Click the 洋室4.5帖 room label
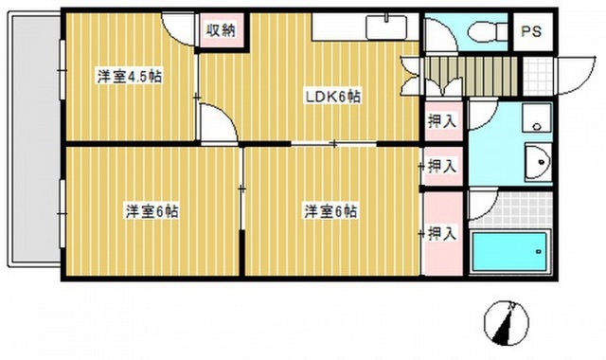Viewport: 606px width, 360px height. tap(130, 77)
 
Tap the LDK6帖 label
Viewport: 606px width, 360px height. tap(333, 97)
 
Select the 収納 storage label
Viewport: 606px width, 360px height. tap(221, 30)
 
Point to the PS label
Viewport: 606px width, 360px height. tap(531, 31)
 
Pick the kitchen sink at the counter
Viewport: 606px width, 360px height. tap(386, 27)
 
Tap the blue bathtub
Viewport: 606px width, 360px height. tap(510, 251)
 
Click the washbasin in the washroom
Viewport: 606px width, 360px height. tap(537, 161)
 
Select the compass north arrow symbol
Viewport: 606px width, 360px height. tap(507, 322)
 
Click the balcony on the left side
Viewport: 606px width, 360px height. tap(35, 139)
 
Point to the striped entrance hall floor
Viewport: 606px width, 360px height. tap(471, 76)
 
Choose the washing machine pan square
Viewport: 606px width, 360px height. tap(537, 117)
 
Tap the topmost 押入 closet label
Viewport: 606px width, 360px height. tap(442, 122)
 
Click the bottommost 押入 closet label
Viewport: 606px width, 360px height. tap(443, 233)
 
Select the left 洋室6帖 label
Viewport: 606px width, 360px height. tap(151, 211)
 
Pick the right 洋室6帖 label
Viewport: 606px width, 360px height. tap(330, 211)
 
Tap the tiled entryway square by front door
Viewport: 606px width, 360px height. tap(538, 76)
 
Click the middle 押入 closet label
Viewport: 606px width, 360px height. tap(442, 167)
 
